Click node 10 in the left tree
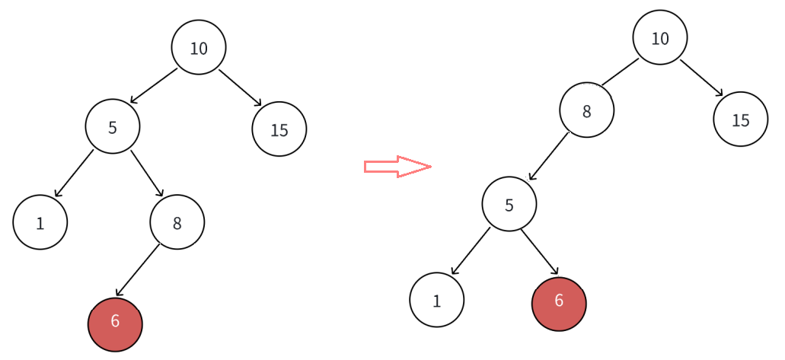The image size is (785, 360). (199, 47)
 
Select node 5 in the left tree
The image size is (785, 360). (113, 126)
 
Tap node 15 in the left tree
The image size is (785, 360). (279, 129)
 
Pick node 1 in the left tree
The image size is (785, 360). (40, 222)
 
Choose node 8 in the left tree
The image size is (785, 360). (177, 222)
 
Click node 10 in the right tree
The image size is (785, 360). (660, 37)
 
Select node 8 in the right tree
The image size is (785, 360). (587, 110)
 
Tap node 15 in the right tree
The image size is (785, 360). (741, 119)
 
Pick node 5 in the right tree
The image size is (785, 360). (509, 204)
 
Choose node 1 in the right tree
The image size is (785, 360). (437, 300)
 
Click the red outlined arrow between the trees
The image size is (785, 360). (397, 167)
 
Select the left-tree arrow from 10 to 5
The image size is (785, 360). (154, 86)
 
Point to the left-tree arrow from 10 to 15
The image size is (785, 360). (241, 88)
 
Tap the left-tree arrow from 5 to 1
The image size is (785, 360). (74, 174)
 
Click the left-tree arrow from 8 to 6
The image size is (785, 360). (137, 271)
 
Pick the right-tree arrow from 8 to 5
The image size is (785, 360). (549, 156)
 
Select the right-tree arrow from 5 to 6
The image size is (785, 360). (540, 252)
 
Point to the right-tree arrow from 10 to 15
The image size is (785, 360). (701, 78)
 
